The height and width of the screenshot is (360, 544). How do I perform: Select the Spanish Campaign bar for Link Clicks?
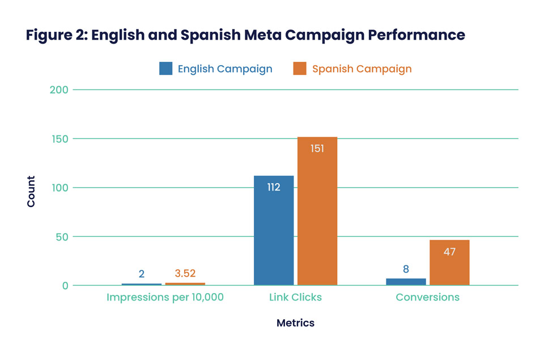click(x=317, y=211)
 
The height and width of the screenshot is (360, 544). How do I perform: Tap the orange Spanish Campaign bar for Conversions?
click(x=449, y=262)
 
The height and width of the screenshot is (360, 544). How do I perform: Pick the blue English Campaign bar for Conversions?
click(x=406, y=282)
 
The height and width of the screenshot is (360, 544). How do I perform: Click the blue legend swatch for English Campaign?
click(x=165, y=69)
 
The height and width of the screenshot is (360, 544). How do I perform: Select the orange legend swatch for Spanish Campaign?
click(x=300, y=69)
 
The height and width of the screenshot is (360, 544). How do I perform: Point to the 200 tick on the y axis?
click(x=59, y=90)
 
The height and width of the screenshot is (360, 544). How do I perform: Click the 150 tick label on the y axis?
click(x=59, y=139)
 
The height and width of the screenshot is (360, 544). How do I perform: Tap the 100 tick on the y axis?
click(x=59, y=188)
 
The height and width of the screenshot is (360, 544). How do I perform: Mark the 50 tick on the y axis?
click(x=62, y=236)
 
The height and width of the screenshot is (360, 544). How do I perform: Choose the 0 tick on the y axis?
click(x=65, y=286)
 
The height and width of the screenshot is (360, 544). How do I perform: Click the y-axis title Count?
click(x=31, y=191)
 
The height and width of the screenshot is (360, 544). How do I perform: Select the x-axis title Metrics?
click(x=295, y=323)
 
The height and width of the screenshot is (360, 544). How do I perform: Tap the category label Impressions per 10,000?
click(x=165, y=297)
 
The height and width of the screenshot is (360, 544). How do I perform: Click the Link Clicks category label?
click(x=295, y=297)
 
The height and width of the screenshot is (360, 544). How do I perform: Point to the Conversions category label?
click(x=427, y=297)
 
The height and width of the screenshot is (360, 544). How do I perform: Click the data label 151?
click(x=317, y=149)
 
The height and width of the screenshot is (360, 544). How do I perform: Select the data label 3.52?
click(x=185, y=273)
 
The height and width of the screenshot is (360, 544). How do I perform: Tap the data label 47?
click(x=449, y=252)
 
